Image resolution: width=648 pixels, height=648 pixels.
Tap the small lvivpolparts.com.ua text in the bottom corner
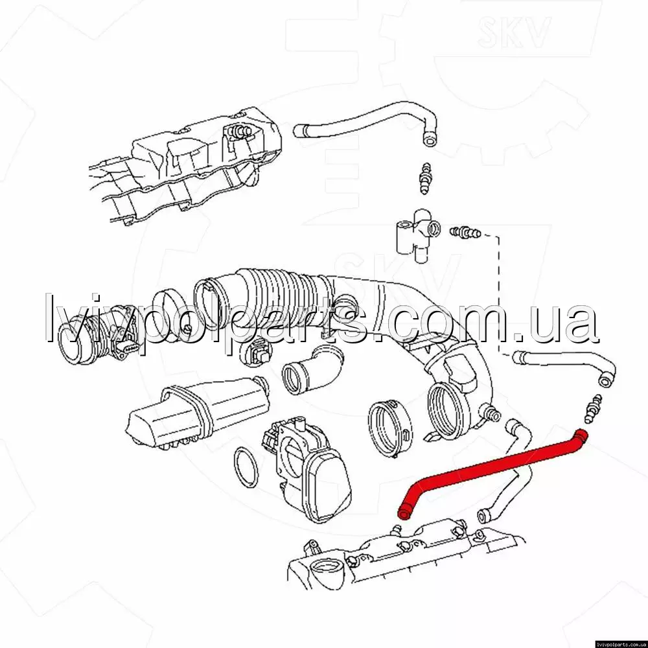[x=622, y=644]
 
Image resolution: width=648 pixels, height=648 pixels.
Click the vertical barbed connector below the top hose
[x=424, y=179]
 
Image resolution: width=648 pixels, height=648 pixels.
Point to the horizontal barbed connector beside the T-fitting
[x=465, y=232]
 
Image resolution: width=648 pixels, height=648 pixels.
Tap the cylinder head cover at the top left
[x=186, y=165]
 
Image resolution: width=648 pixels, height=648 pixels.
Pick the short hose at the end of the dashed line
[x=564, y=368]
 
